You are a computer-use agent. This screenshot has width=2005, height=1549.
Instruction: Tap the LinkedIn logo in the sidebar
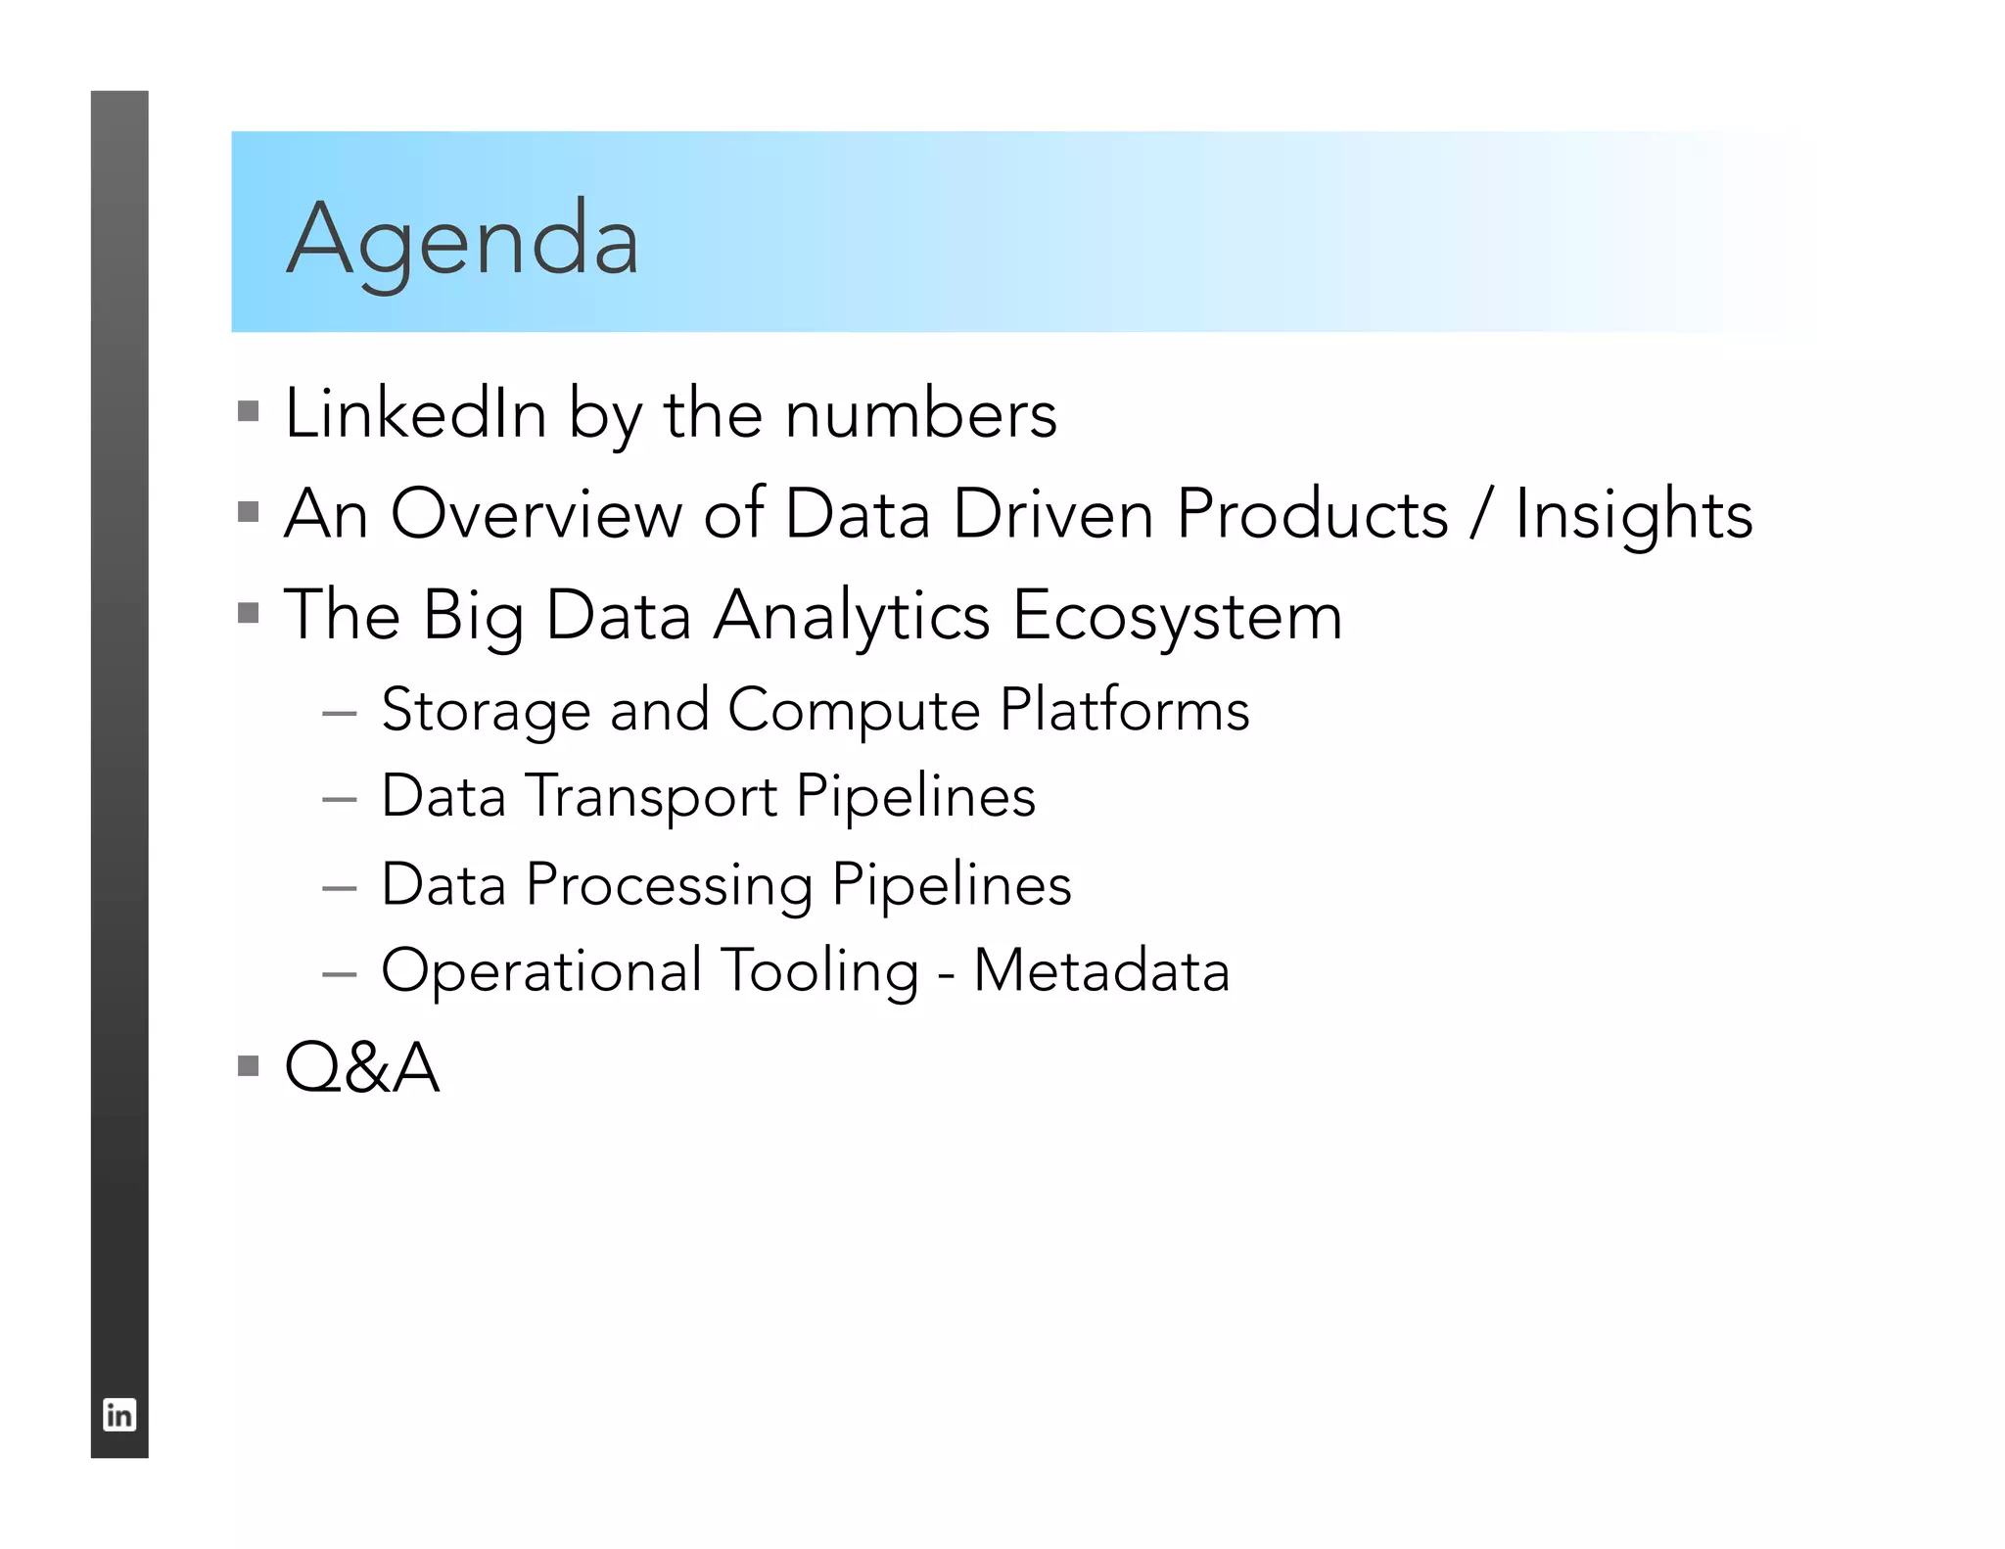coord(119,1415)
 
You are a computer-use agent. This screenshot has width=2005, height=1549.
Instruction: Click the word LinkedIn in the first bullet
coord(415,413)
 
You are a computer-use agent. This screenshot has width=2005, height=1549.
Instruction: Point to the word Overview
coord(536,514)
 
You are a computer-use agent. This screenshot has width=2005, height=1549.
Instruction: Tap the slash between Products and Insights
coord(1481,514)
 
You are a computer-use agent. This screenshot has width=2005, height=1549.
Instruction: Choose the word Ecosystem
coord(1177,617)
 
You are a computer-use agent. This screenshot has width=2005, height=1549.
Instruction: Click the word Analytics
coord(852,617)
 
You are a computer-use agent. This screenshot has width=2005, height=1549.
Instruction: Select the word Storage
coord(486,711)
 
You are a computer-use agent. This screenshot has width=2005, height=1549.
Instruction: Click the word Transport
coord(652,797)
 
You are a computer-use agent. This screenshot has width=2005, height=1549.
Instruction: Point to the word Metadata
coord(1101,971)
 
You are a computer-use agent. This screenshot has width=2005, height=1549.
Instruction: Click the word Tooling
coord(820,972)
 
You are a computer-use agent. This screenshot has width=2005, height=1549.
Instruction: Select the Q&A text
coord(361,1067)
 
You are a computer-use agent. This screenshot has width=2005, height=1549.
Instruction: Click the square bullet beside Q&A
coord(249,1064)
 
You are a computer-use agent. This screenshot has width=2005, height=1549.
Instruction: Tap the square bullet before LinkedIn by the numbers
coord(249,410)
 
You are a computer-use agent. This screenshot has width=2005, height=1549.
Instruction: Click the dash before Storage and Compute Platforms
coord(339,714)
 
